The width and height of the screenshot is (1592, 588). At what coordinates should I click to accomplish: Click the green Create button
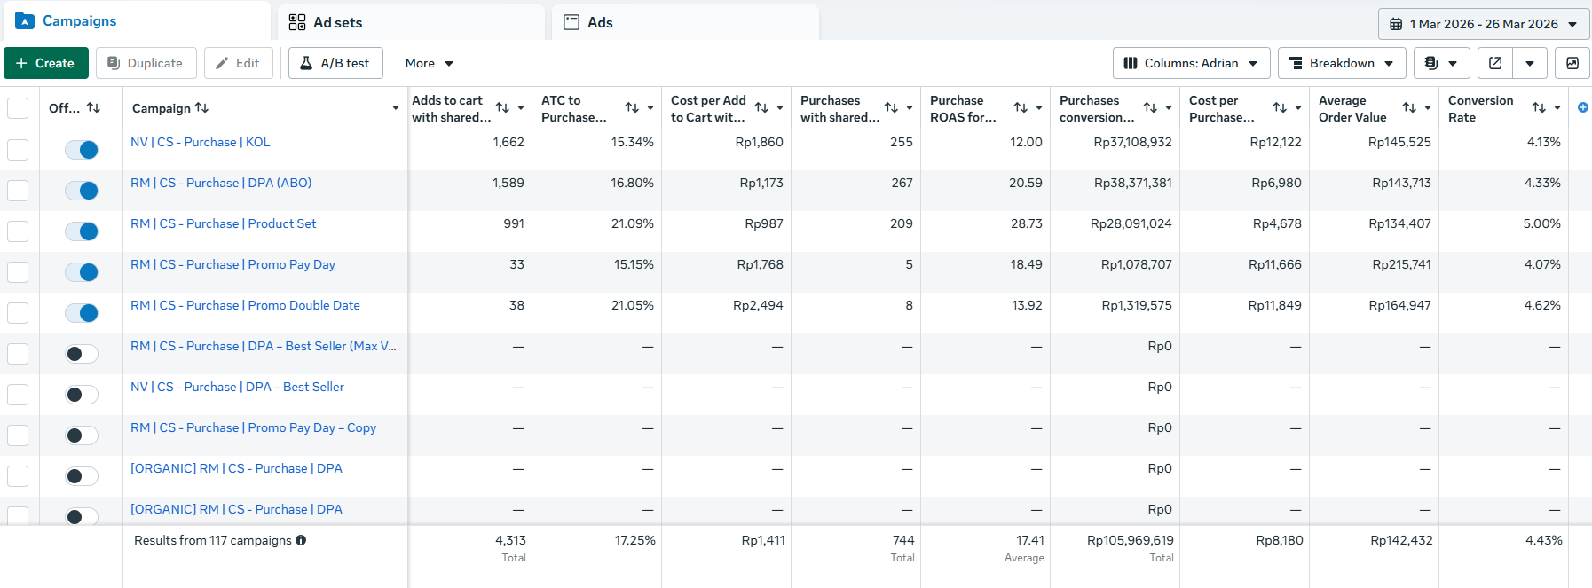(x=46, y=63)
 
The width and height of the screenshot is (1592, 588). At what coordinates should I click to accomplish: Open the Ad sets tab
(x=412, y=22)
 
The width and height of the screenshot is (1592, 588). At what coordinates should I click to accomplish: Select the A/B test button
(x=335, y=63)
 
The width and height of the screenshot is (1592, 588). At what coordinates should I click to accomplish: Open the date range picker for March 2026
(x=1484, y=24)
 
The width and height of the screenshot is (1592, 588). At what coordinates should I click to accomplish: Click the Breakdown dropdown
(x=1342, y=63)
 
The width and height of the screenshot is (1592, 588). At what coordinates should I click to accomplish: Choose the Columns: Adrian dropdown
(x=1191, y=63)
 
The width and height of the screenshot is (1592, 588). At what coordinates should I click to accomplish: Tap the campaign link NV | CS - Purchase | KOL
(x=201, y=142)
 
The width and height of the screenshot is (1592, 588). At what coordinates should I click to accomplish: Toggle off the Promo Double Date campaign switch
(x=82, y=313)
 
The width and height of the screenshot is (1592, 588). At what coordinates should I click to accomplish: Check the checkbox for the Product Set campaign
(x=18, y=231)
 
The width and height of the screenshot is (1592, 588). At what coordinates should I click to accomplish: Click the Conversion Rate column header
(x=1480, y=108)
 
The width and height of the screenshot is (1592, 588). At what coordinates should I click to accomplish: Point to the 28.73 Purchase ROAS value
(x=1027, y=223)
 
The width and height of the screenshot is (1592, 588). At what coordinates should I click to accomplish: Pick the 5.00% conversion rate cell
(x=1541, y=223)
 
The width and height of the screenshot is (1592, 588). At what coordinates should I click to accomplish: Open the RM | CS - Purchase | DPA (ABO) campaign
(x=221, y=183)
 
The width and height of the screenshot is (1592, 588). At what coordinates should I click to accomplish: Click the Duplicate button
(x=146, y=63)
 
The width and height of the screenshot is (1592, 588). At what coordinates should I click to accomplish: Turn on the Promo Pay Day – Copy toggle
(x=82, y=435)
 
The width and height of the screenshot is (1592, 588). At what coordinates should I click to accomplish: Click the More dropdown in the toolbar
(x=430, y=63)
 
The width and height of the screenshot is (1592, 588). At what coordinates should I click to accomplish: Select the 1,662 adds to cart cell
(x=508, y=142)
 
